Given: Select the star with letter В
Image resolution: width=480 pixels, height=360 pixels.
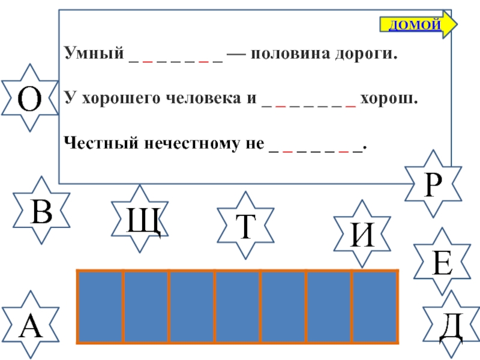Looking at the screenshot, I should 41,210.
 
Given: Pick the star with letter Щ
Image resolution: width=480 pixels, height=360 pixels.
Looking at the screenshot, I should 142,220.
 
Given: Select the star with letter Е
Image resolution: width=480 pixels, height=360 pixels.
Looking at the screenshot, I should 442,262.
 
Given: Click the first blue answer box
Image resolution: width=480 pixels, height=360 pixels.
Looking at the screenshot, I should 100,307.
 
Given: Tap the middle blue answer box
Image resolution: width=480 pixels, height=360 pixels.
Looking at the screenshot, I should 238,307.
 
